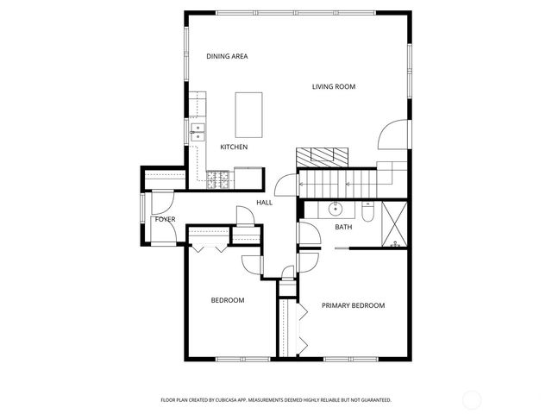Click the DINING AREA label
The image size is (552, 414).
click(x=227, y=56)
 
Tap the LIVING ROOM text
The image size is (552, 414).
click(x=334, y=86)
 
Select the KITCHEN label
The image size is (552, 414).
click(x=234, y=147)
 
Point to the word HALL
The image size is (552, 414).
click(x=264, y=203)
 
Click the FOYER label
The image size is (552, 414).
click(x=165, y=219)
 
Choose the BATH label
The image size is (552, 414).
click(x=343, y=228)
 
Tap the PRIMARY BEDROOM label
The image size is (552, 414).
click(x=353, y=305)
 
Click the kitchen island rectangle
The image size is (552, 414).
click(x=249, y=114)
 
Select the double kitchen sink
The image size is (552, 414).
click(x=198, y=132)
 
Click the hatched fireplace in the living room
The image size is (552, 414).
click(x=323, y=156)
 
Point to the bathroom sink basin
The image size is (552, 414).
click(x=335, y=209)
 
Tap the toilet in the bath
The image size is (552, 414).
click(x=367, y=211)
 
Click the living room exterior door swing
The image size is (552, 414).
click(x=392, y=135)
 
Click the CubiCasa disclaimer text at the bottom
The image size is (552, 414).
click(x=276, y=400)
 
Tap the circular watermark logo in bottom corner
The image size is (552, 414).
click(x=472, y=398)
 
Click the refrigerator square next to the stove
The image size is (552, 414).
click(x=248, y=177)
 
